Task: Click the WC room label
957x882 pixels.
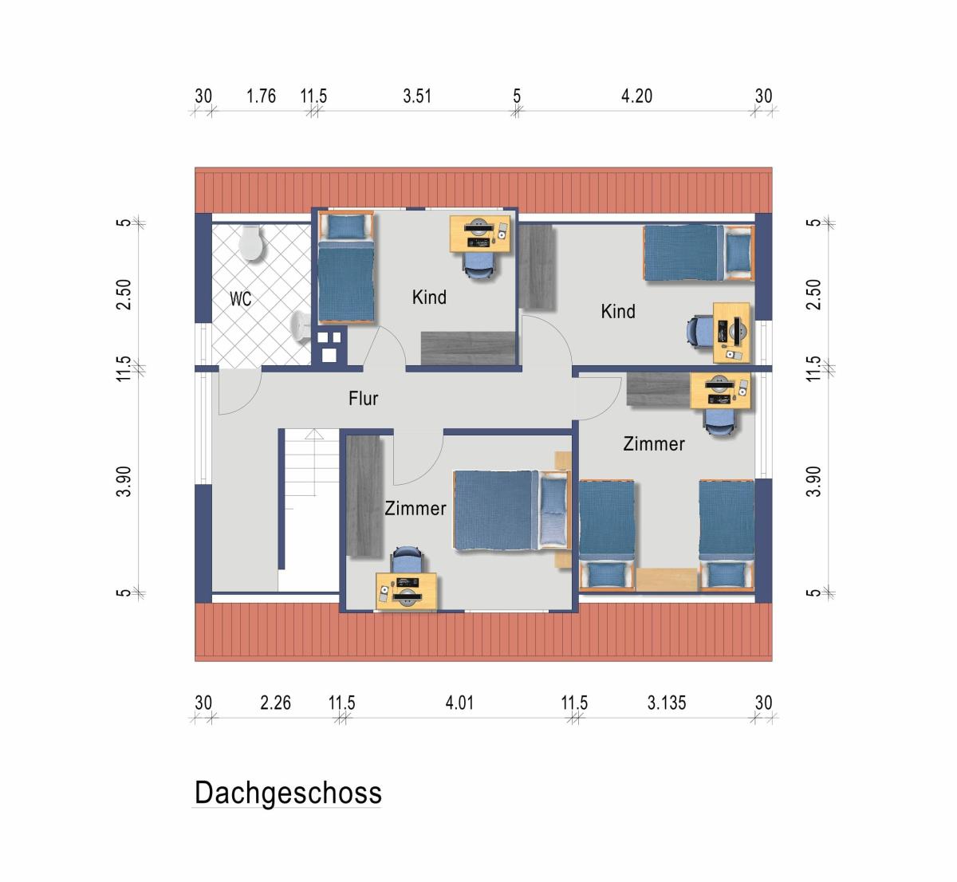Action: (240, 299)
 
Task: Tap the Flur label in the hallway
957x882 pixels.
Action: (363, 398)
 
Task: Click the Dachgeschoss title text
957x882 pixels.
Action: (288, 793)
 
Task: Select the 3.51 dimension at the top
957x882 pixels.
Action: (417, 96)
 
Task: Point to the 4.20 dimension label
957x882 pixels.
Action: (636, 96)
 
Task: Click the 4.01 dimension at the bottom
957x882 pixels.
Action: (459, 703)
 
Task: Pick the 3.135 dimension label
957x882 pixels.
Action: (667, 703)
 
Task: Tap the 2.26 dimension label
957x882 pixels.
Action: (275, 703)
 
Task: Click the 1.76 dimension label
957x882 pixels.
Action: (261, 96)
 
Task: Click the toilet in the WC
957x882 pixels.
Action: (251, 243)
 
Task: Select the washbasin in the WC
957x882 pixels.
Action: (300, 326)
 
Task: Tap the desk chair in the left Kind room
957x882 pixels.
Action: (478, 265)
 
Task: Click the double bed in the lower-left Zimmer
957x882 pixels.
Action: (512, 510)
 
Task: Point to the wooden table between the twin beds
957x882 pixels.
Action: (667, 580)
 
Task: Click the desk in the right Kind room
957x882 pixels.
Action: (731, 333)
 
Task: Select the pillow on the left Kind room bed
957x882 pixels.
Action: (346, 226)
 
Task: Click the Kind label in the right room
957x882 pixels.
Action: (618, 311)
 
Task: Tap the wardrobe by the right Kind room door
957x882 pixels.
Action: (537, 267)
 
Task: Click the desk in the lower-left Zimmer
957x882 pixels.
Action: (406, 592)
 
